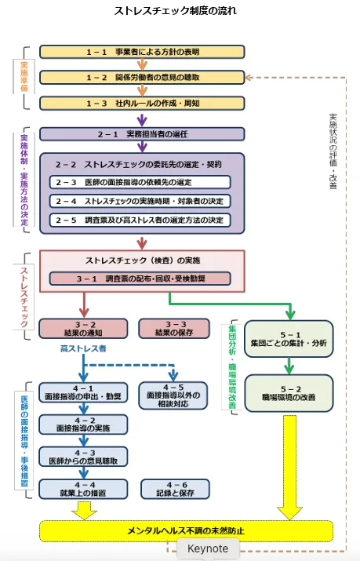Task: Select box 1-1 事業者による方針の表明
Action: (x=142, y=52)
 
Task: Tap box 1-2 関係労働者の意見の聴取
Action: (x=142, y=78)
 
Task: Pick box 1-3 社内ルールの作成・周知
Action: (x=142, y=104)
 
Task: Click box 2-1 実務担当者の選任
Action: (x=142, y=134)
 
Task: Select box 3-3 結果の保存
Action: (x=174, y=328)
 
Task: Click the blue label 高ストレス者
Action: (x=83, y=347)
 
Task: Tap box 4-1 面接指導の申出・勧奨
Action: (x=83, y=392)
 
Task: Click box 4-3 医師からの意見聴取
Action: (x=83, y=457)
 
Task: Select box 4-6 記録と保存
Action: (x=174, y=489)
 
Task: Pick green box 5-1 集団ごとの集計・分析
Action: (x=289, y=338)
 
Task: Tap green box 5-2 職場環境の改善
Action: (x=289, y=393)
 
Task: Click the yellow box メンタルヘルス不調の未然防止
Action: (x=185, y=530)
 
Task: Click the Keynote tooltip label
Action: (x=208, y=548)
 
